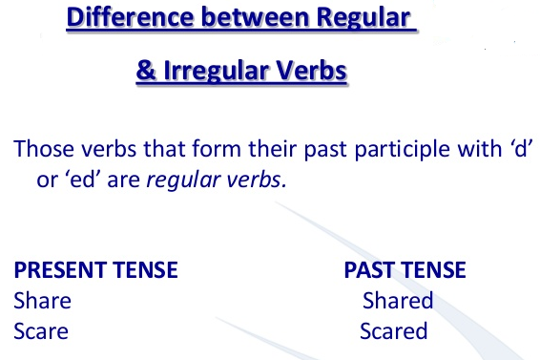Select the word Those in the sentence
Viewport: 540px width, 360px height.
click(40, 151)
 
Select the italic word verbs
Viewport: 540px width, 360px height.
click(257, 180)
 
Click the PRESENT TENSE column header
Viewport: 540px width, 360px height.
click(95, 270)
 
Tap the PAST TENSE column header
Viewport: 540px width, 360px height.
click(405, 270)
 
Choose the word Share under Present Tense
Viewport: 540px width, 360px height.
click(42, 301)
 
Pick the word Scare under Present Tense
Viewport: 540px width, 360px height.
click(41, 331)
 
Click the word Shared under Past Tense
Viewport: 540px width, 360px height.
click(398, 301)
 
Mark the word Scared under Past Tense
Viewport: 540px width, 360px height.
click(394, 331)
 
